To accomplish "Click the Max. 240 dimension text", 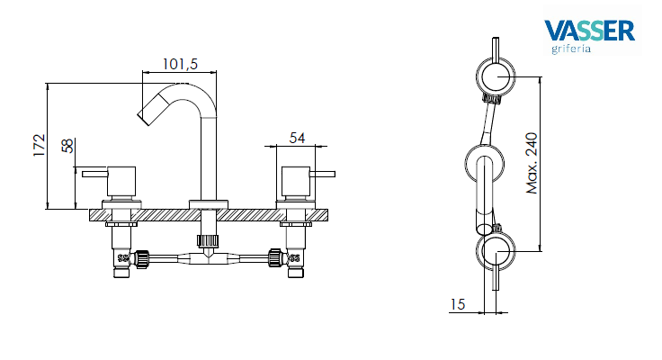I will tap(532, 164).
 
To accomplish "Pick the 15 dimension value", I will tap(457, 305).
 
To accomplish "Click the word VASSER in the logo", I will tap(589, 31).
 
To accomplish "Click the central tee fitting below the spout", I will tap(208, 257).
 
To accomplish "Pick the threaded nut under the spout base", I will tap(208, 240).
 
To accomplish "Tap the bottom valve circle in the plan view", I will tap(493, 253).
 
